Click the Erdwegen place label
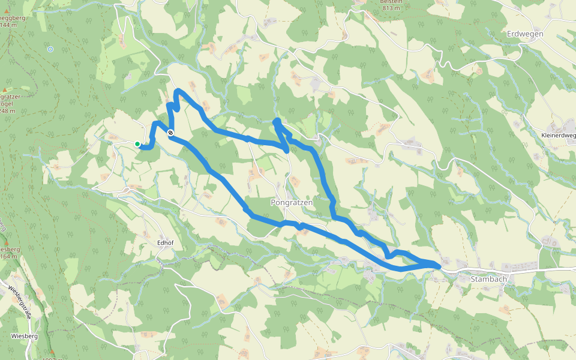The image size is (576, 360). coord(525,34)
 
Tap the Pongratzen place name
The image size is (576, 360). coord(292,203)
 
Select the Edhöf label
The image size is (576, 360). coord(165,242)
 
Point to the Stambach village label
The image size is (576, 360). coord(489,279)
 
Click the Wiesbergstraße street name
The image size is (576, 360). coord(19,300)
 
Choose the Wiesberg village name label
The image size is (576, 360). coord(24,337)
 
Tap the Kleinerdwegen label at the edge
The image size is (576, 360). coord(559,136)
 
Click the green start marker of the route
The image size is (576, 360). coord(137,144)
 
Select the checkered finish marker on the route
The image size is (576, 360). coord(171,133)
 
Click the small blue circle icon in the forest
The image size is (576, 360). coord(50,49)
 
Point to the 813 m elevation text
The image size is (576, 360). coord(390,8)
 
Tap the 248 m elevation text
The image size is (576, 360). coord(7,110)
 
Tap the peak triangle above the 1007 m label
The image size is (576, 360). coord(52,352)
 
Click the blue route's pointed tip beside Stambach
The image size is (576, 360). coord(441,265)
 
